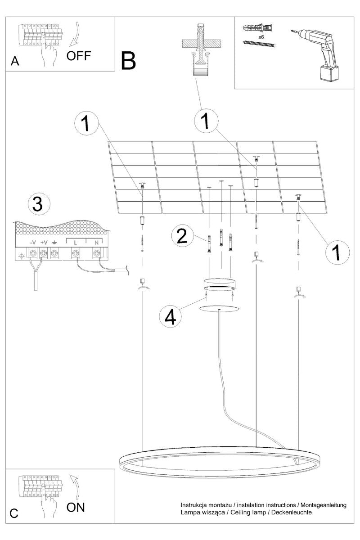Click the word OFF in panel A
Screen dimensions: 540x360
pyautogui.click(x=79, y=56)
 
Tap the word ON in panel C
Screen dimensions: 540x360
pyautogui.click(x=75, y=507)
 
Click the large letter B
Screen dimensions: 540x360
pyautogui.click(x=129, y=61)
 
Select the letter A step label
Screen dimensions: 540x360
pyautogui.click(x=15, y=62)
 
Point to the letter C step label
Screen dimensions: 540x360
pyautogui.click(x=14, y=513)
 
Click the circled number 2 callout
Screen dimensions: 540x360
pyautogui.click(x=182, y=236)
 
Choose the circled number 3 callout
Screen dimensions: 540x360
pyautogui.click(x=39, y=205)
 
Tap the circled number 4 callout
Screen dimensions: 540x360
pyautogui.click(x=170, y=316)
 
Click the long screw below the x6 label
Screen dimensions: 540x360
pyautogui.click(x=259, y=44)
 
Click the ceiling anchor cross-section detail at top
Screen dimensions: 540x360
pyautogui.click(x=200, y=49)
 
